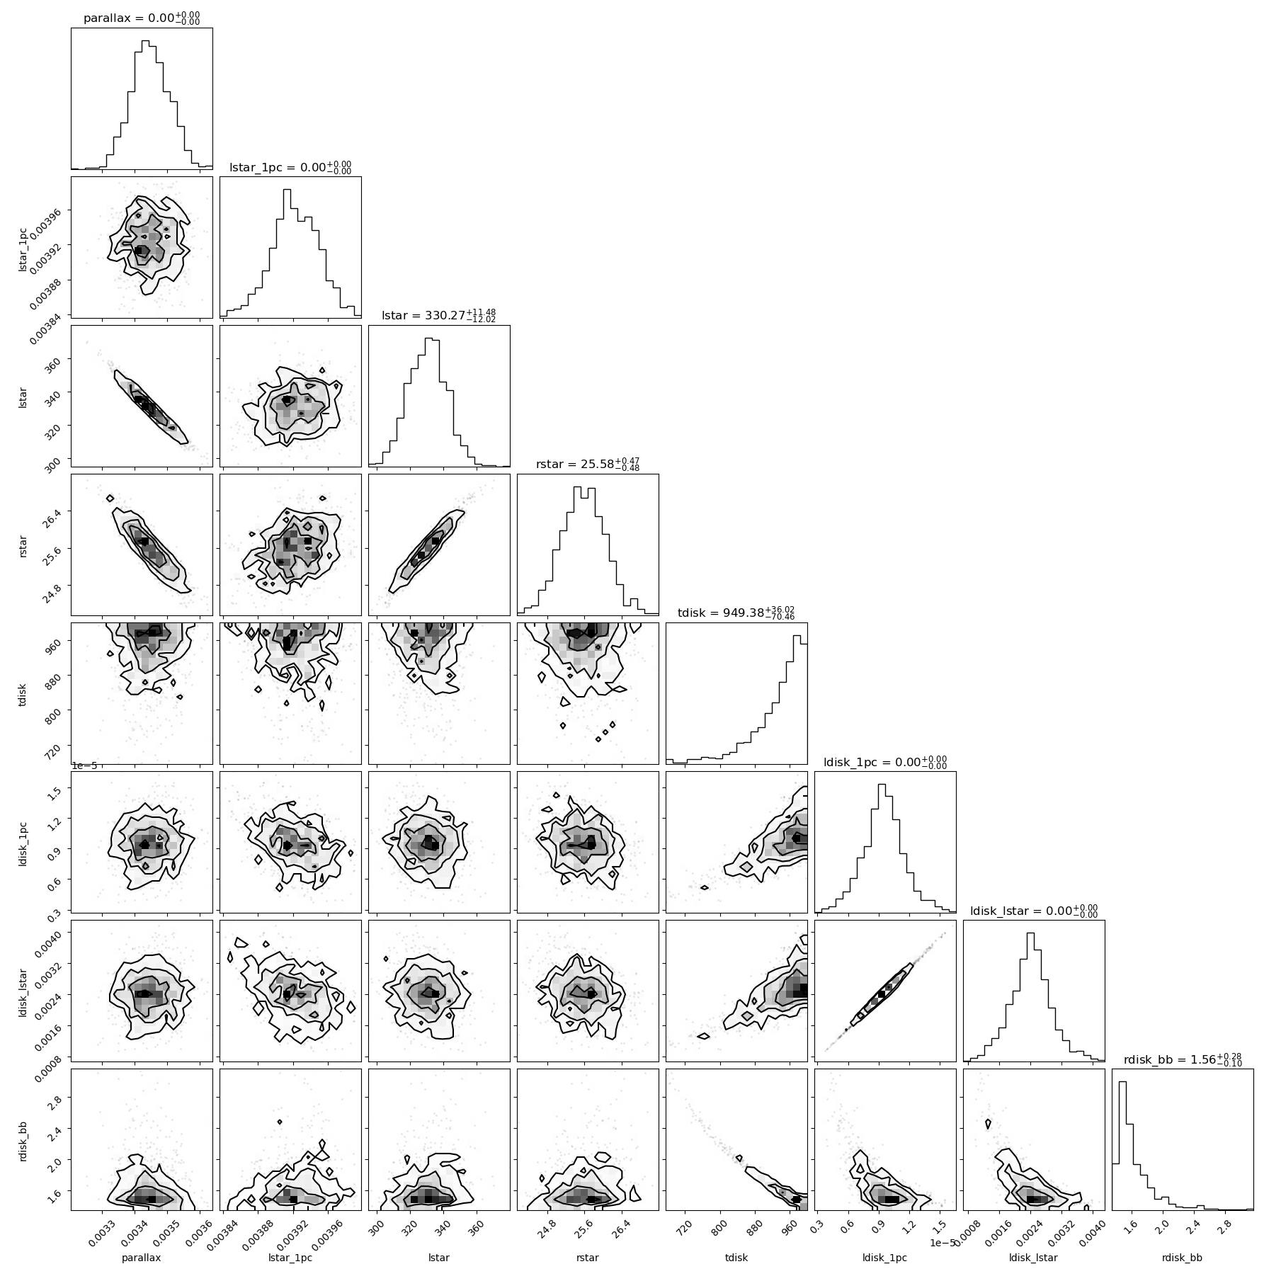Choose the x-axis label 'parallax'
[142, 1258]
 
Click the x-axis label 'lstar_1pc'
[290, 1258]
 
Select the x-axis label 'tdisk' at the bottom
[736, 1258]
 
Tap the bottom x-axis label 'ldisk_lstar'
[1034, 1258]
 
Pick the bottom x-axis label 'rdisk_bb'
[1183, 1258]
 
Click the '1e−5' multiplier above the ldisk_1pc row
[84, 766]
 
